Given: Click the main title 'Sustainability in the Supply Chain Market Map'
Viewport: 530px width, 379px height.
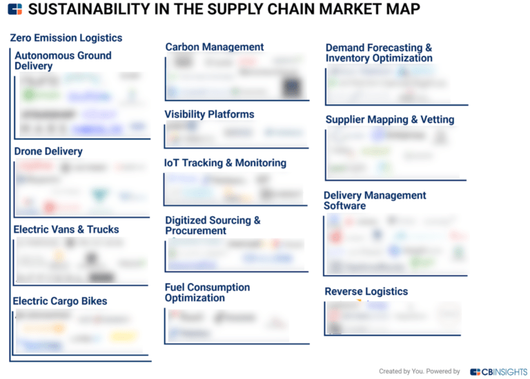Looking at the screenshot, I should point(224,9).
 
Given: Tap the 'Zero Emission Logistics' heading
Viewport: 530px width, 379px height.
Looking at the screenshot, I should point(66,38).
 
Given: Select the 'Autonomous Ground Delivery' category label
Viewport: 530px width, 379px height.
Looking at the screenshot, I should point(63,61).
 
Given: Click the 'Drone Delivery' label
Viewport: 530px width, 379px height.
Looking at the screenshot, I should point(48,151).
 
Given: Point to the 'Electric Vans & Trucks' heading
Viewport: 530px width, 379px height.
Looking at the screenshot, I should point(66,229).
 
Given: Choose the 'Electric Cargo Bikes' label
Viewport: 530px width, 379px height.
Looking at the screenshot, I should point(60,301).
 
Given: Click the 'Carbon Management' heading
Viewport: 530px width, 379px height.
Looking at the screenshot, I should point(215,47).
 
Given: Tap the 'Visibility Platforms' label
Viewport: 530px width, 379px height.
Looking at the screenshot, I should point(209,114).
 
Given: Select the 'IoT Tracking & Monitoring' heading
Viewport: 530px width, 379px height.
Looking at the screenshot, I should point(225,163).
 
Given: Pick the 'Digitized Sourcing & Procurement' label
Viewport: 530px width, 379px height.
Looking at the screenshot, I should point(213,225).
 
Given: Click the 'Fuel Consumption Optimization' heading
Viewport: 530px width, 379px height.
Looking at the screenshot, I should point(207,292).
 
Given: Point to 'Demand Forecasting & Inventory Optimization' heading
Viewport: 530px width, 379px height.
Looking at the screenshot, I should point(379,53).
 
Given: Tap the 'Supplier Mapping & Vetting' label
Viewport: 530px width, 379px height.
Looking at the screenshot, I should point(390,119).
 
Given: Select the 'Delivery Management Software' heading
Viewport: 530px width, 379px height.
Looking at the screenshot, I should point(375,201).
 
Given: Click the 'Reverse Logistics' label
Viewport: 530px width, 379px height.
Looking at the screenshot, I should point(366,291).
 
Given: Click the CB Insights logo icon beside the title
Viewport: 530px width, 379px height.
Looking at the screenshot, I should point(14,9).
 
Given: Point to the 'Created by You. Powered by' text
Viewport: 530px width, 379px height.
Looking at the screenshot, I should point(420,371).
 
